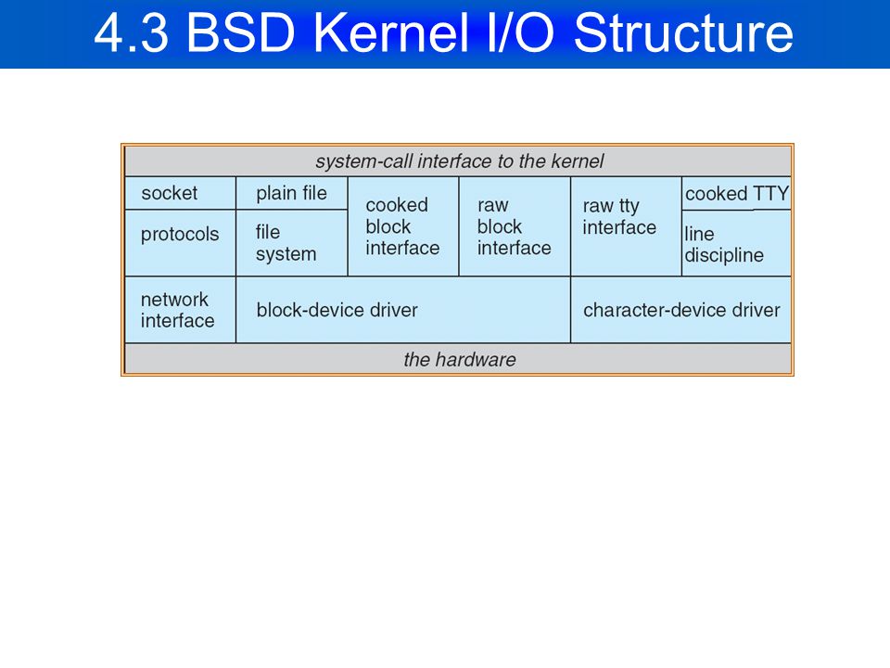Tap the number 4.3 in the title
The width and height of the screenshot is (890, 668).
[x=132, y=33]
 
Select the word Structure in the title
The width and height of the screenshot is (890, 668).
[x=683, y=33]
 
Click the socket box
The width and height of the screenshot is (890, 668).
[x=180, y=193]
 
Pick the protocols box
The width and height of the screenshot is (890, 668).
[x=180, y=243]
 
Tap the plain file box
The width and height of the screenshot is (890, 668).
[x=292, y=193]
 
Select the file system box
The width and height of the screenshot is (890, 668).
[x=292, y=243]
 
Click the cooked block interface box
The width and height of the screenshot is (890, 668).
[x=403, y=226]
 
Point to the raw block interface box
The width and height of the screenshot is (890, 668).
[x=515, y=226]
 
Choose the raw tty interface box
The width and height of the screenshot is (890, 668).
[x=626, y=226]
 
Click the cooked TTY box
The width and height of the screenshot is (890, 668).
[x=737, y=194]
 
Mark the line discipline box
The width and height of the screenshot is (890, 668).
[x=737, y=244]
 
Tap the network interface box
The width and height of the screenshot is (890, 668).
[x=180, y=310]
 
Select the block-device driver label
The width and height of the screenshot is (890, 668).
[x=337, y=310]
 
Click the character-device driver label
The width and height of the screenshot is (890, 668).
[x=681, y=310]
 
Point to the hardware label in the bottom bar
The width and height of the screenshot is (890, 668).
[x=460, y=360]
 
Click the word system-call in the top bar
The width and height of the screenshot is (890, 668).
[x=363, y=161]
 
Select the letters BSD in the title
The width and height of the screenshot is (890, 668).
[x=241, y=33]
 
